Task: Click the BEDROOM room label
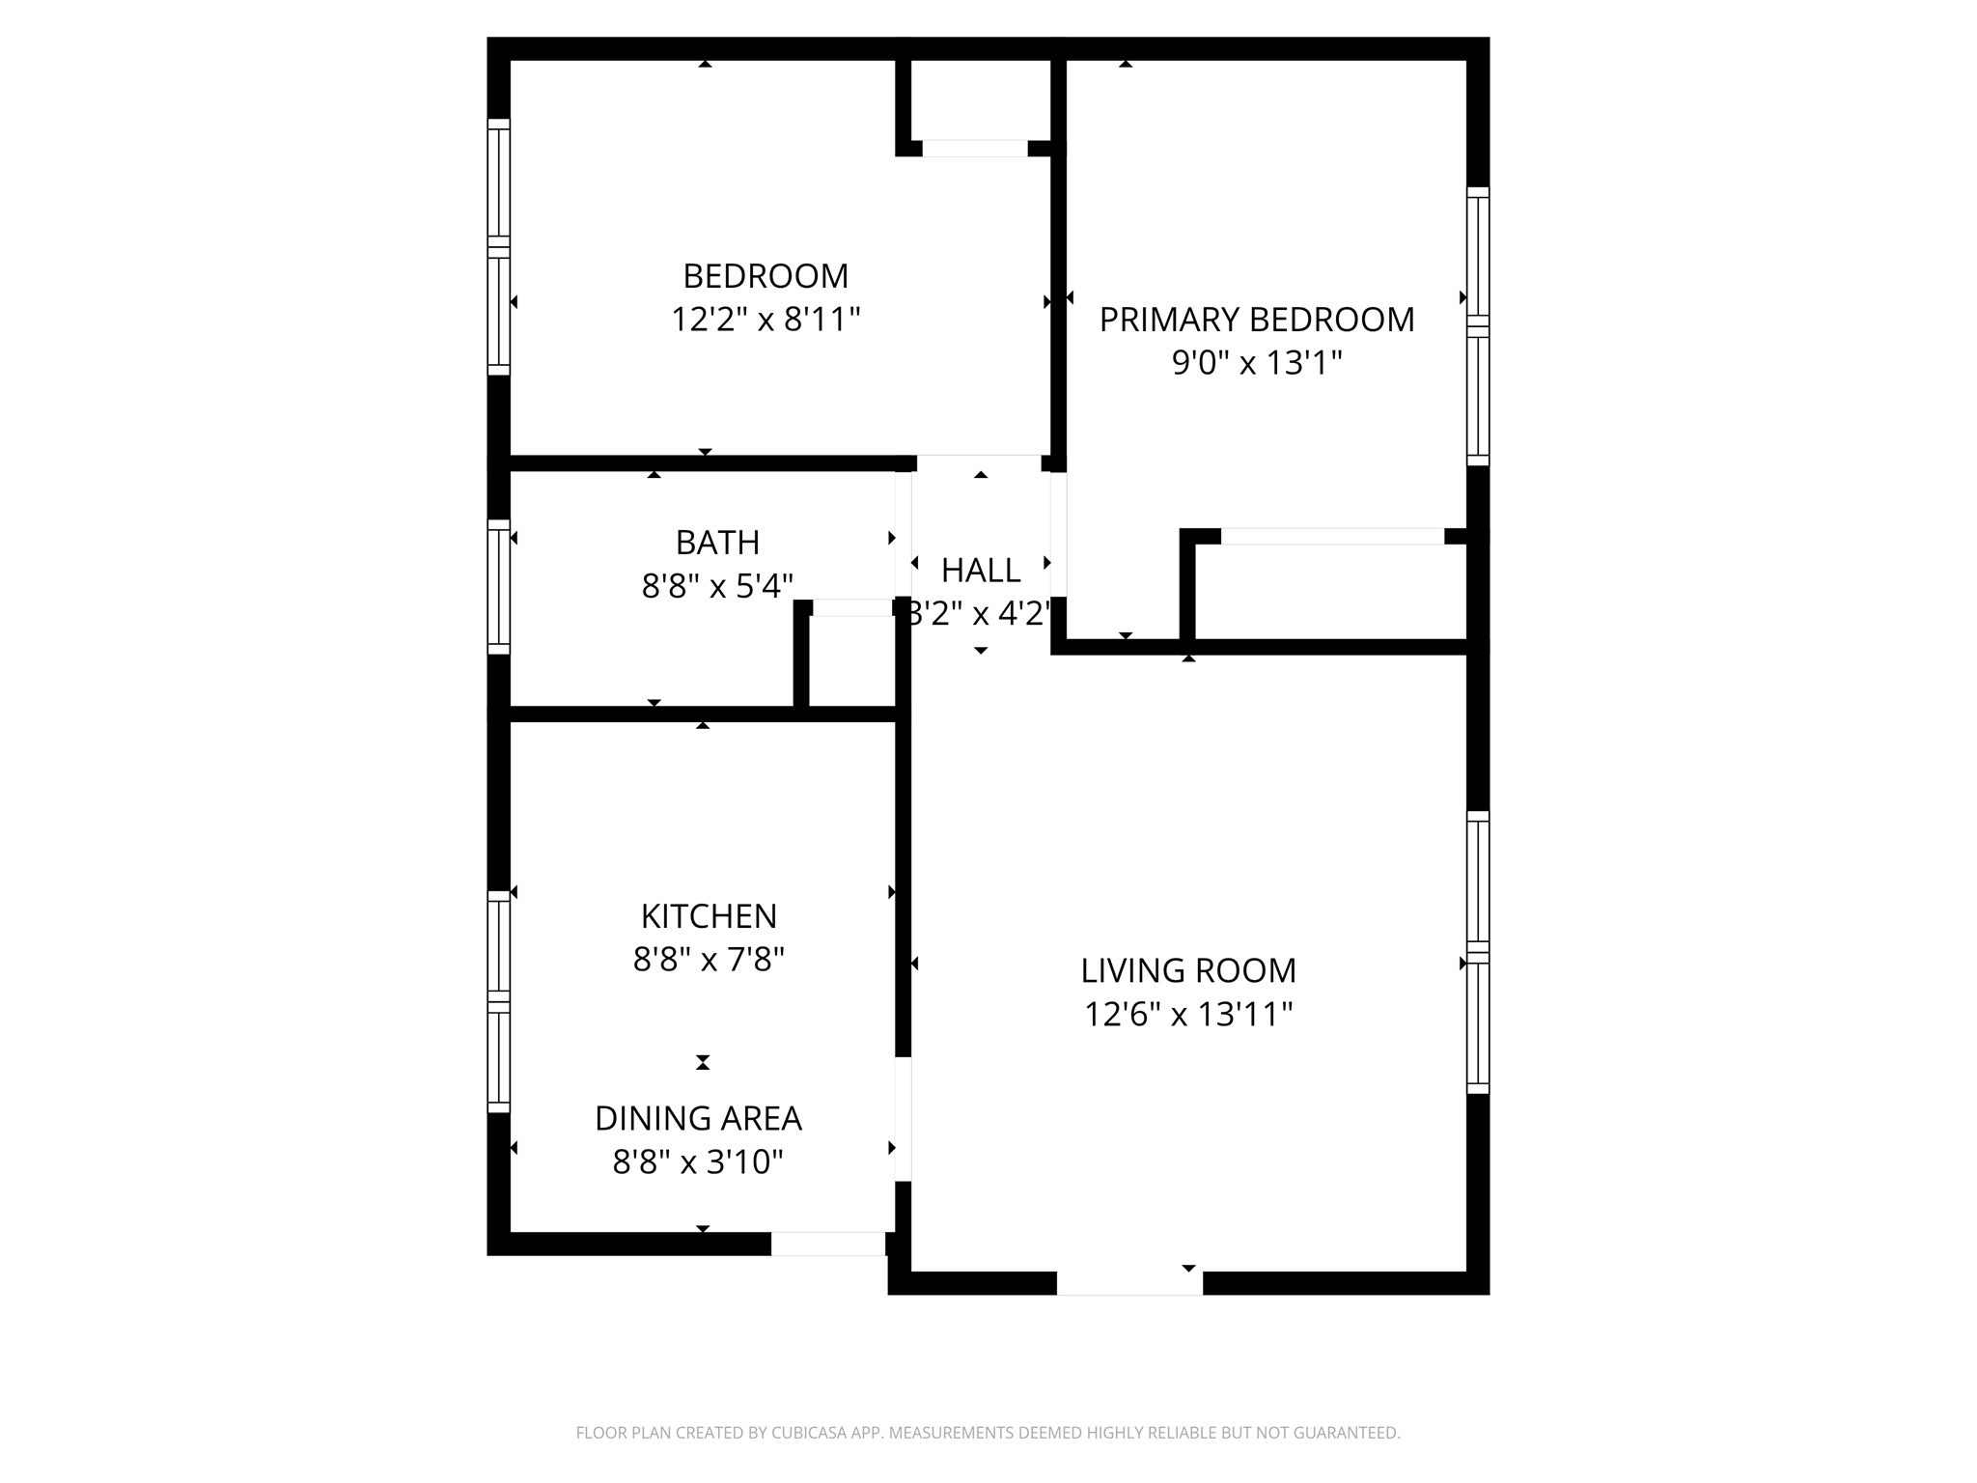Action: (x=766, y=276)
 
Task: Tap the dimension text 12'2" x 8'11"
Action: (x=766, y=319)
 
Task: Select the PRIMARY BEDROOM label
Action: (x=1257, y=320)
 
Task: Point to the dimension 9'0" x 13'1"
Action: (x=1257, y=363)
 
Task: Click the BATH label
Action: (x=717, y=543)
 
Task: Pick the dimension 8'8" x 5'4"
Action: (x=717, y=585)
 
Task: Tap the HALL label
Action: (x=981, y=571)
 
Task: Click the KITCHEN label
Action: (x=709, y=915)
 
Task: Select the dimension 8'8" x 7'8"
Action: (x=709, y=960)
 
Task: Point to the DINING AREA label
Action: (x=698, y=1118)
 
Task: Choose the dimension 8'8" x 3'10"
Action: (x=698, y=1161)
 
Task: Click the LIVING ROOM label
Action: (x=1188, y=970)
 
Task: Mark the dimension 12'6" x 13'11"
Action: (x=1188, y=1014)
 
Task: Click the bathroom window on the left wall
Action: (x=498, y=587)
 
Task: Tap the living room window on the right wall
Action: (x=1478, y=952)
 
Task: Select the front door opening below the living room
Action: (x=1129, y=1283)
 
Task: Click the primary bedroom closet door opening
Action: (x=1332, y=537)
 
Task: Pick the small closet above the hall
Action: (x=977, y=100)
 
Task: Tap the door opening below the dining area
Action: (x=827, y=1244)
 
